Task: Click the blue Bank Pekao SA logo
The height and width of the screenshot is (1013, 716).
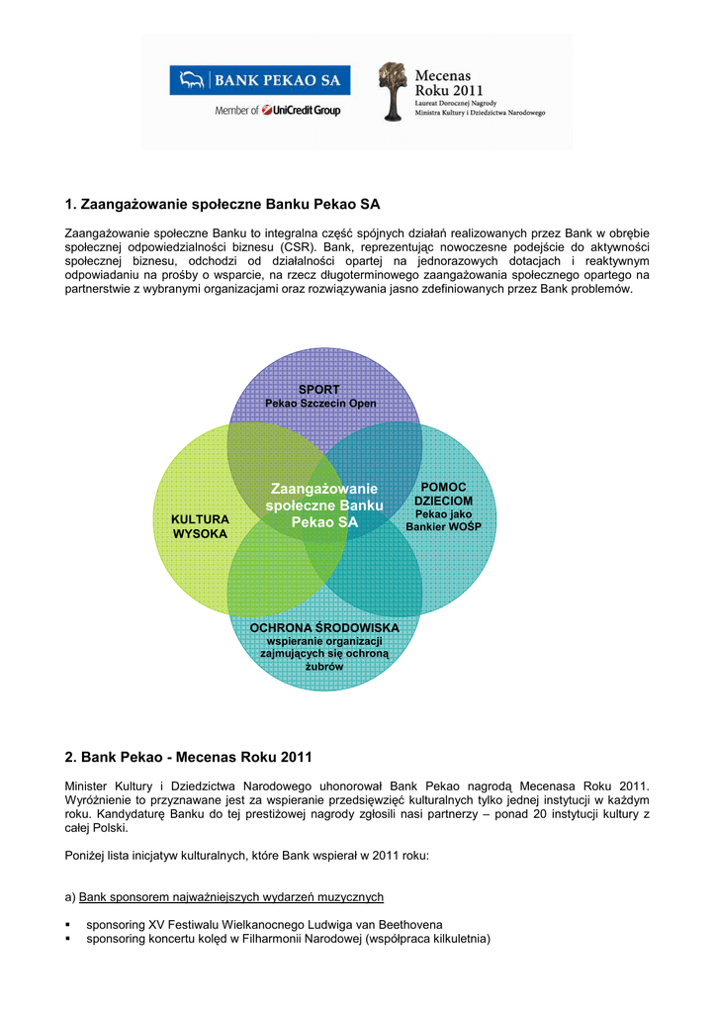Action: [259, 80]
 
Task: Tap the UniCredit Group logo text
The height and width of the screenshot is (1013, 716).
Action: [302, 111]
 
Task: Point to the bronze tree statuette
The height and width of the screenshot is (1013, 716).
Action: [393, 92]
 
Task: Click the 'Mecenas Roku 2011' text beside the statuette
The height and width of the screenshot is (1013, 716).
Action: [449, 83]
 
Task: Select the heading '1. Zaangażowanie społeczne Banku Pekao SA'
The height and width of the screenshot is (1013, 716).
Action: [223, 204]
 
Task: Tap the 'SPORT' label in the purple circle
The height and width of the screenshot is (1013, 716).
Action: [319, 390]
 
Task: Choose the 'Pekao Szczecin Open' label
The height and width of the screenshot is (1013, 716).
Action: [320, 404]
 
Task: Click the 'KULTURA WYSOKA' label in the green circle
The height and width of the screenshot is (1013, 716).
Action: [200, 526]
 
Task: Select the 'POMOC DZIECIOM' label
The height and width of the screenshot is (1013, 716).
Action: [444, 494]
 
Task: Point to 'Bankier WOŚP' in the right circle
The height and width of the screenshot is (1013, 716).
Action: [444, 526]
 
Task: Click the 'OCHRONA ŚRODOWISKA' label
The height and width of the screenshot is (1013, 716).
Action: [324, 628]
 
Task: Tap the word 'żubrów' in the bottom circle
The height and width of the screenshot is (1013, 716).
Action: [324, 666]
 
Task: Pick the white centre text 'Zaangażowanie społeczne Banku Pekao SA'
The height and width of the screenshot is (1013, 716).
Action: [324, 506]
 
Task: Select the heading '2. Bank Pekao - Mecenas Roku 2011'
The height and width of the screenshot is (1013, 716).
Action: [189, 757]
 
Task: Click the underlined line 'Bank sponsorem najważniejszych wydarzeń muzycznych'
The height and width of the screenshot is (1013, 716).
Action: [231, 897]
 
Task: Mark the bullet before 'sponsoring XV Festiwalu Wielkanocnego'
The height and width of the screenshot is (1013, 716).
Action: [68, 925]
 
